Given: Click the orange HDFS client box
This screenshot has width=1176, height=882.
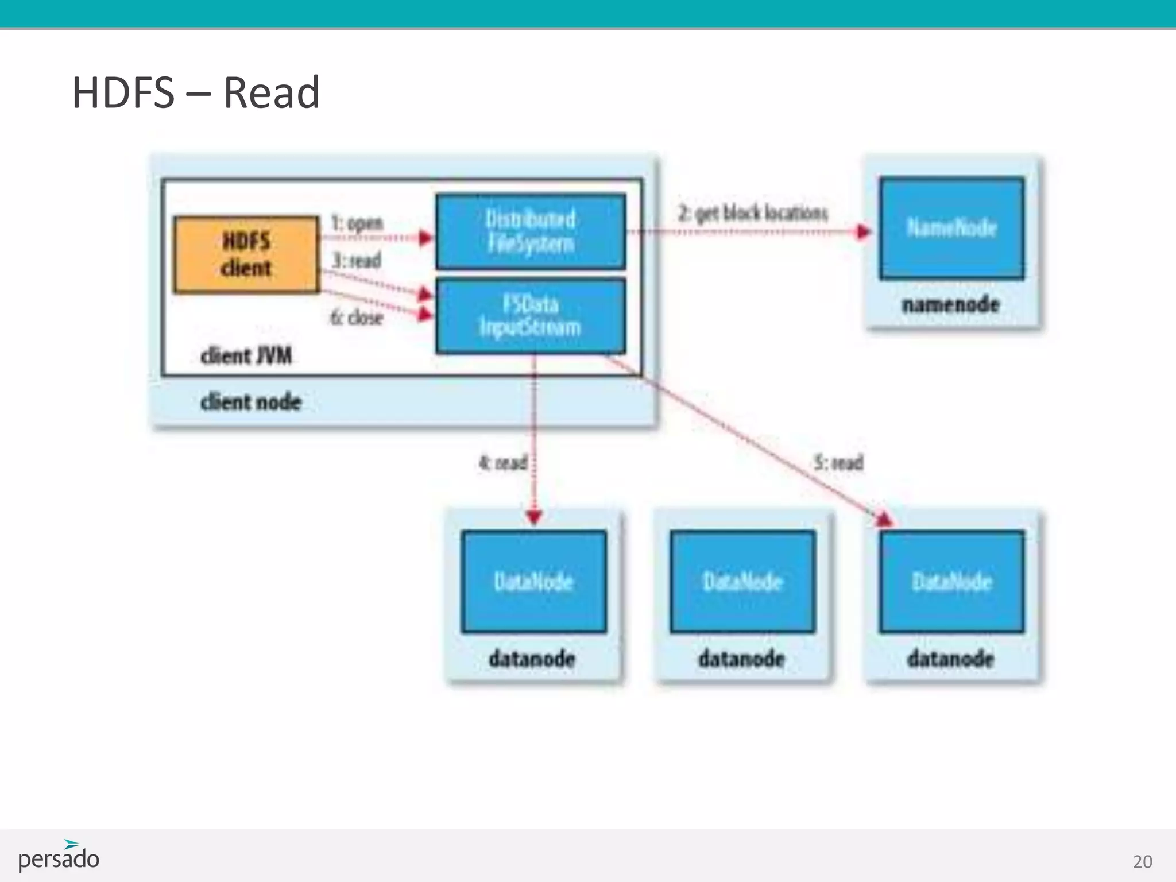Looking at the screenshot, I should point(246,254).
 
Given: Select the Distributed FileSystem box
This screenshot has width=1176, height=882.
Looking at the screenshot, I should point(531,231).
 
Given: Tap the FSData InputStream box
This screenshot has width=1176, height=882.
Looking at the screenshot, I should point(531,316).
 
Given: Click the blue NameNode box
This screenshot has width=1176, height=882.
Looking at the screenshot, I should point(951,228).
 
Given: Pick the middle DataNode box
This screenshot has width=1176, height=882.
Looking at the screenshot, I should point(742,581).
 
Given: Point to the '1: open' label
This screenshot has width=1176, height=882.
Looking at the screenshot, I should point(357,223).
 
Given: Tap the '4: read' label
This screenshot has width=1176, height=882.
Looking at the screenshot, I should point(503,462).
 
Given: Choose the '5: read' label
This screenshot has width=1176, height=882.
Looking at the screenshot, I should point(839,462).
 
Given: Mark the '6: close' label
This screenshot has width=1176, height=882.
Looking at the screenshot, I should point(357,317).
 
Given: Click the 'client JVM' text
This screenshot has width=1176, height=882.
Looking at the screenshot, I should point(246,356).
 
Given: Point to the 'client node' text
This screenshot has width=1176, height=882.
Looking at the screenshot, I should point(251,402).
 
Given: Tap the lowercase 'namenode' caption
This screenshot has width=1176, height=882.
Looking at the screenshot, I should point(951,304).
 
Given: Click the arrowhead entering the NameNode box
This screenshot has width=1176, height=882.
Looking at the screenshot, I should point(864,231).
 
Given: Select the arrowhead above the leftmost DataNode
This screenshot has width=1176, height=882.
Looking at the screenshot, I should point(534,517).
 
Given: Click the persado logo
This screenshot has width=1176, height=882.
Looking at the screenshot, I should point(59,856).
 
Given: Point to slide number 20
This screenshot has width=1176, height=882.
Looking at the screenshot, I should point(1142,861).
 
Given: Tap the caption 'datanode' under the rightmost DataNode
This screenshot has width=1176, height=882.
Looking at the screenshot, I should point(951,658).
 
